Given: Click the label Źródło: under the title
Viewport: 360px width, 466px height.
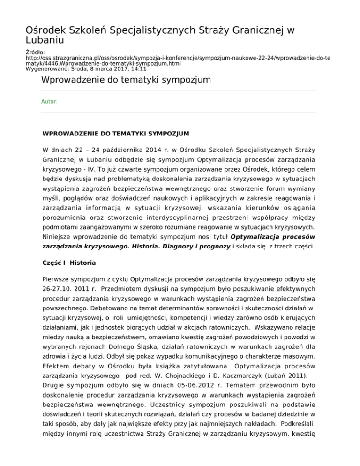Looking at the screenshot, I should pyautogui.click(x=35, y=52).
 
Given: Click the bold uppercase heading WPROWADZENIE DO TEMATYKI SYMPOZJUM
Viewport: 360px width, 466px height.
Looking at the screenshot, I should pyautogui.click(x=115, y=134).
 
